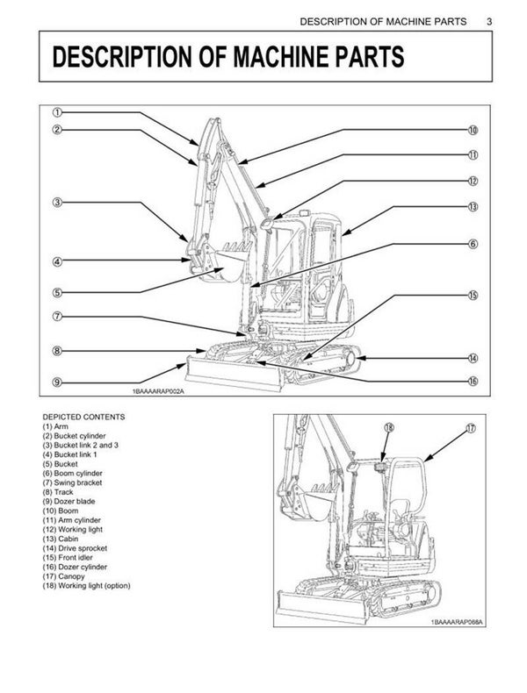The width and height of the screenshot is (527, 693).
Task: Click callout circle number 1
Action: point(56,112)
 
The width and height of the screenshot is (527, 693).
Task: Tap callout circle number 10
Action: point(472,131)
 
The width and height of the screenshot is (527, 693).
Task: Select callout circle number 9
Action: point(56,382)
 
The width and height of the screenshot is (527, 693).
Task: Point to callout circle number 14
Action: point(472,358)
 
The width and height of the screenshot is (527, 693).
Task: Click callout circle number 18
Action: point(389,428)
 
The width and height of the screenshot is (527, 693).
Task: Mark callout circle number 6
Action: point(472,244)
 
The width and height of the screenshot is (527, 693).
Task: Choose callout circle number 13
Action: point(472,207)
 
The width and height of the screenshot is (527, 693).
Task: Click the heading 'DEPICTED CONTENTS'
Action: point(83,416)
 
